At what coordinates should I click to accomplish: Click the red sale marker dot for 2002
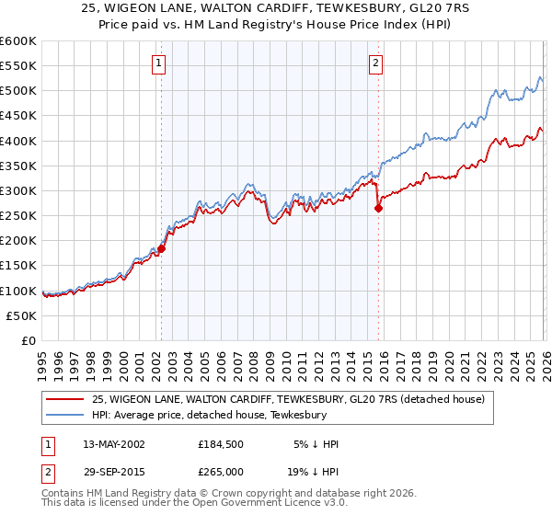(161, 248)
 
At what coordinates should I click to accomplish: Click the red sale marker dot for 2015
(378, 209)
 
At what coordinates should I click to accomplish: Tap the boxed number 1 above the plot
(160, 63)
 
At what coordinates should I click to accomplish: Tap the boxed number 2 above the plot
(376, 63)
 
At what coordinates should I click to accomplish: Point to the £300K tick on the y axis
(19, 191)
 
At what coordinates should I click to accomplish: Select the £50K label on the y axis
(23, 315)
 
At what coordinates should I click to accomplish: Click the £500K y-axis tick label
(19, 91)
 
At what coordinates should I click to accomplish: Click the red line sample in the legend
(66, 398)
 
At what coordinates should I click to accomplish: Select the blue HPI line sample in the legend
(66, 414)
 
